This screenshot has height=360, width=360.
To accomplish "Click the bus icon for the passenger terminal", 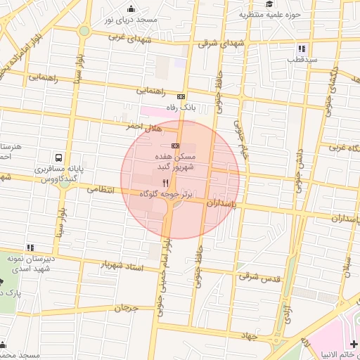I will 58,158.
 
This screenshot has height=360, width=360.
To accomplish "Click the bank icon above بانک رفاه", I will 181,96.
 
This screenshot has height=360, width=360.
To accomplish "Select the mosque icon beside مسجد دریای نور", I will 131,8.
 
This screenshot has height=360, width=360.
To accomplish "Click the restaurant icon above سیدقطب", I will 302,49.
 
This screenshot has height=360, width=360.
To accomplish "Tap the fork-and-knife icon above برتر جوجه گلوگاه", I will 165,182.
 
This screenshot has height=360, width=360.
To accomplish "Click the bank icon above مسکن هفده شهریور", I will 175,145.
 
